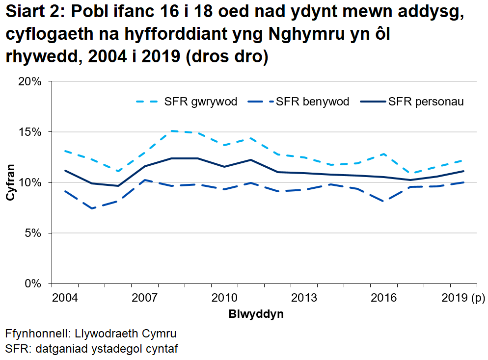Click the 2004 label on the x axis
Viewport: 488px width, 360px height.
tap(65, 298)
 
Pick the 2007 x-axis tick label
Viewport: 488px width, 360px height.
tap(144, 298)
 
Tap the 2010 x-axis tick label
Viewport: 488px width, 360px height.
tap(224, 298)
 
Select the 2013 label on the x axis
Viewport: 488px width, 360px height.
tap(303, 298)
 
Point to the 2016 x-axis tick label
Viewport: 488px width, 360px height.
tap(383, 298)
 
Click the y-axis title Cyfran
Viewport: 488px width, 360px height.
tap(10, 182)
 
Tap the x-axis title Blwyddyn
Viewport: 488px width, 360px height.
tap(256, 314)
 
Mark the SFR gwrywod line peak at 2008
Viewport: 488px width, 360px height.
tap(171, 131)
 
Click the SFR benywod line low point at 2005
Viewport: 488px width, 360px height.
tap(92, 208)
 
